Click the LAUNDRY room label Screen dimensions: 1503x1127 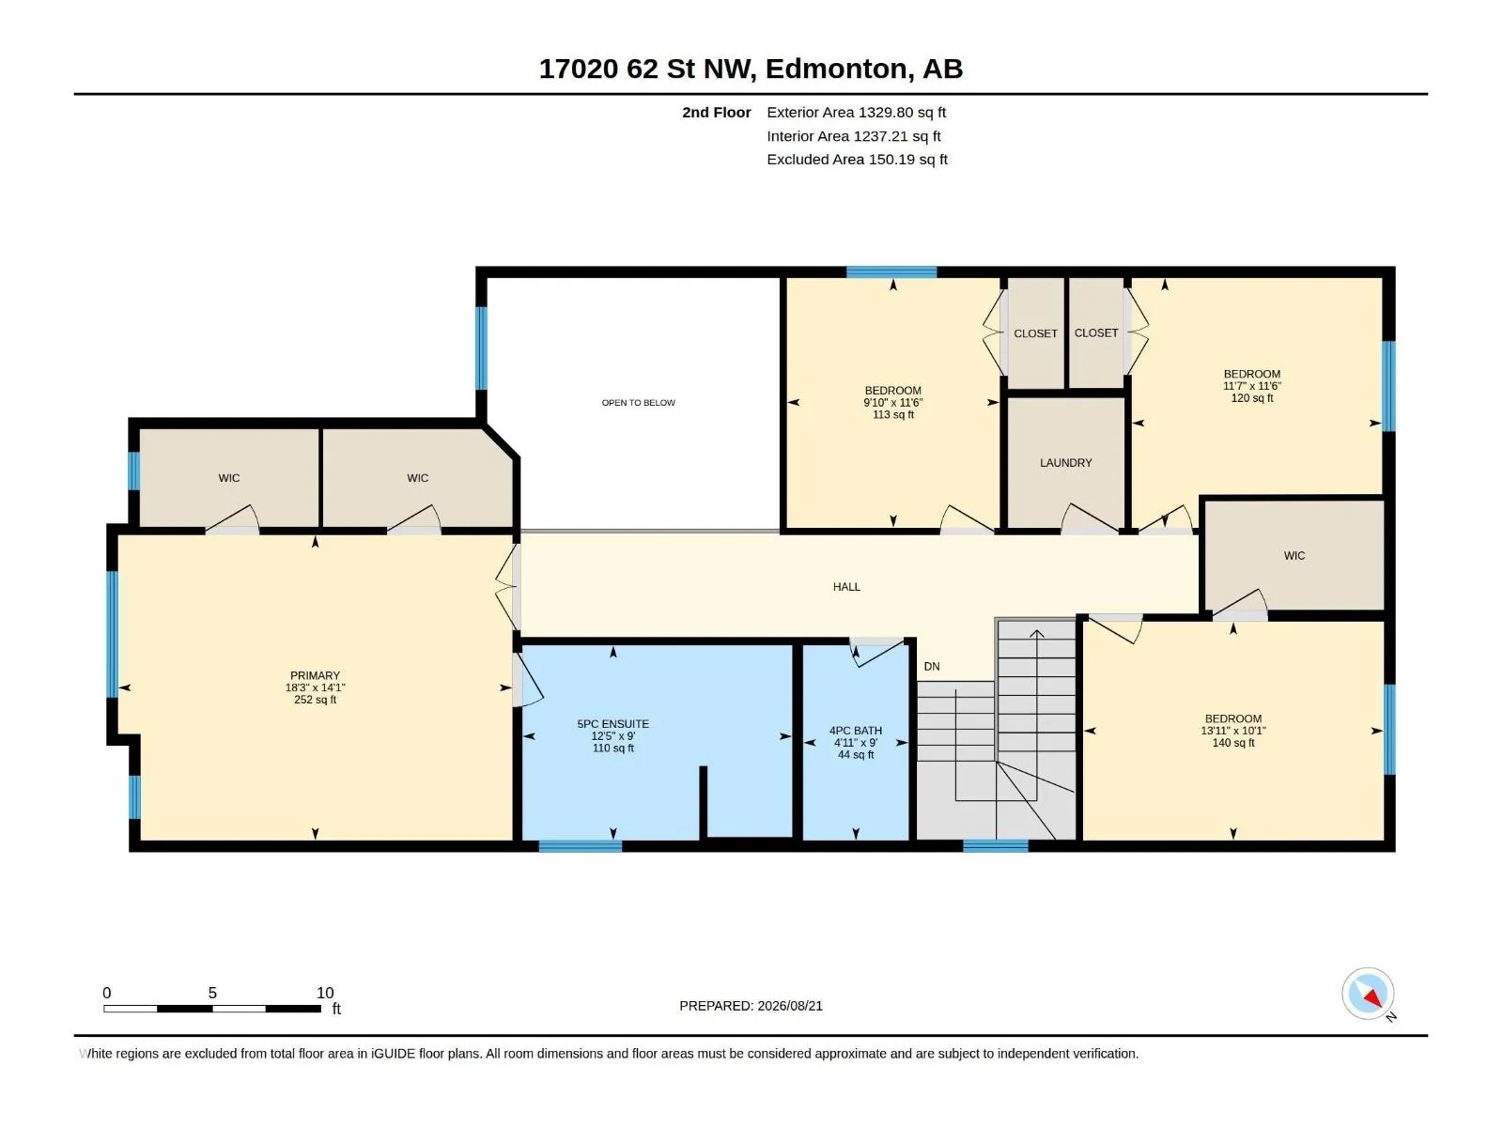pyautogui.click(x=1065, y=463)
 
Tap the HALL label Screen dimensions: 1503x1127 pyautogui.click(x=846, y=587)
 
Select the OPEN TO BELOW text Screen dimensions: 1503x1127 pyautogui.click(x=638, y=403)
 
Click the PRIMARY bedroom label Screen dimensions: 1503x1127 pyautogui.click(x=315, y=675)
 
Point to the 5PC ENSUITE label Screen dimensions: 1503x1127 pyautogui.click(x=612, y=724)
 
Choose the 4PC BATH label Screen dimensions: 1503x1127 pyautogui.click(x=855, y=731)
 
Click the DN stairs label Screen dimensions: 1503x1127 pyautogui.click(x=932, y=667)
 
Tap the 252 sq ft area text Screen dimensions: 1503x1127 pyautogui.click(x=315, y=700)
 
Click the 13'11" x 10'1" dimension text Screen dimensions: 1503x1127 pyautogui.click(x=1233, y=731)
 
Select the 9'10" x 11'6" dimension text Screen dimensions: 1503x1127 pyautogui.click(x=893, y=403)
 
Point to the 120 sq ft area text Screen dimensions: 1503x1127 pyautogui.click(x=1251, y=398)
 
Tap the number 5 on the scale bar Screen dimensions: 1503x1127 pyautogui.click(x=212, y=993)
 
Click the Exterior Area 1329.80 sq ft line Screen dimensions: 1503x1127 pyautogui.click(x=856, y=112)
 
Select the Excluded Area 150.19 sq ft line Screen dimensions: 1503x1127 pyautogui.click(x=857, y=160)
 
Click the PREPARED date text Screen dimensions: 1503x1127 pyautogui.click(x=751, y=1006)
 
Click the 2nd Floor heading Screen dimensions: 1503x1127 pyautogui.click(x=716, y=112)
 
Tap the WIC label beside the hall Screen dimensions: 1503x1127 pyautogui.click(x=1294, y=556)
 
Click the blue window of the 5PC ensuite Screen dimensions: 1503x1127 pyautogui.click(x=580, y=846)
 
